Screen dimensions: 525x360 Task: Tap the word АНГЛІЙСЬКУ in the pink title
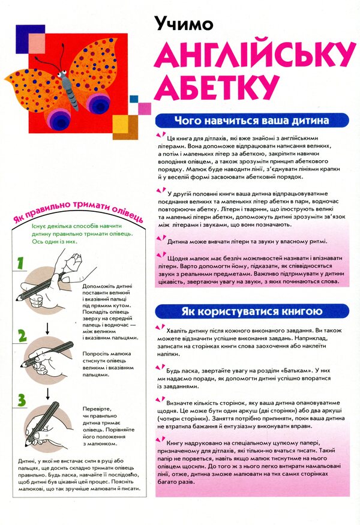[x=254, y=58]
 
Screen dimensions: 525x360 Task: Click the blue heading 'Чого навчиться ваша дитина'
[x=251, y=120]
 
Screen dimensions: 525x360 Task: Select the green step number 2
[x=22, y=335]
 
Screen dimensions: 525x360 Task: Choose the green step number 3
[x=22, y=399]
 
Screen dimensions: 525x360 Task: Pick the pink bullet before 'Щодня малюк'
[x=158, y=256]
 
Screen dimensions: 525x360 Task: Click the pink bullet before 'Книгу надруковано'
[x=158, y=440]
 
